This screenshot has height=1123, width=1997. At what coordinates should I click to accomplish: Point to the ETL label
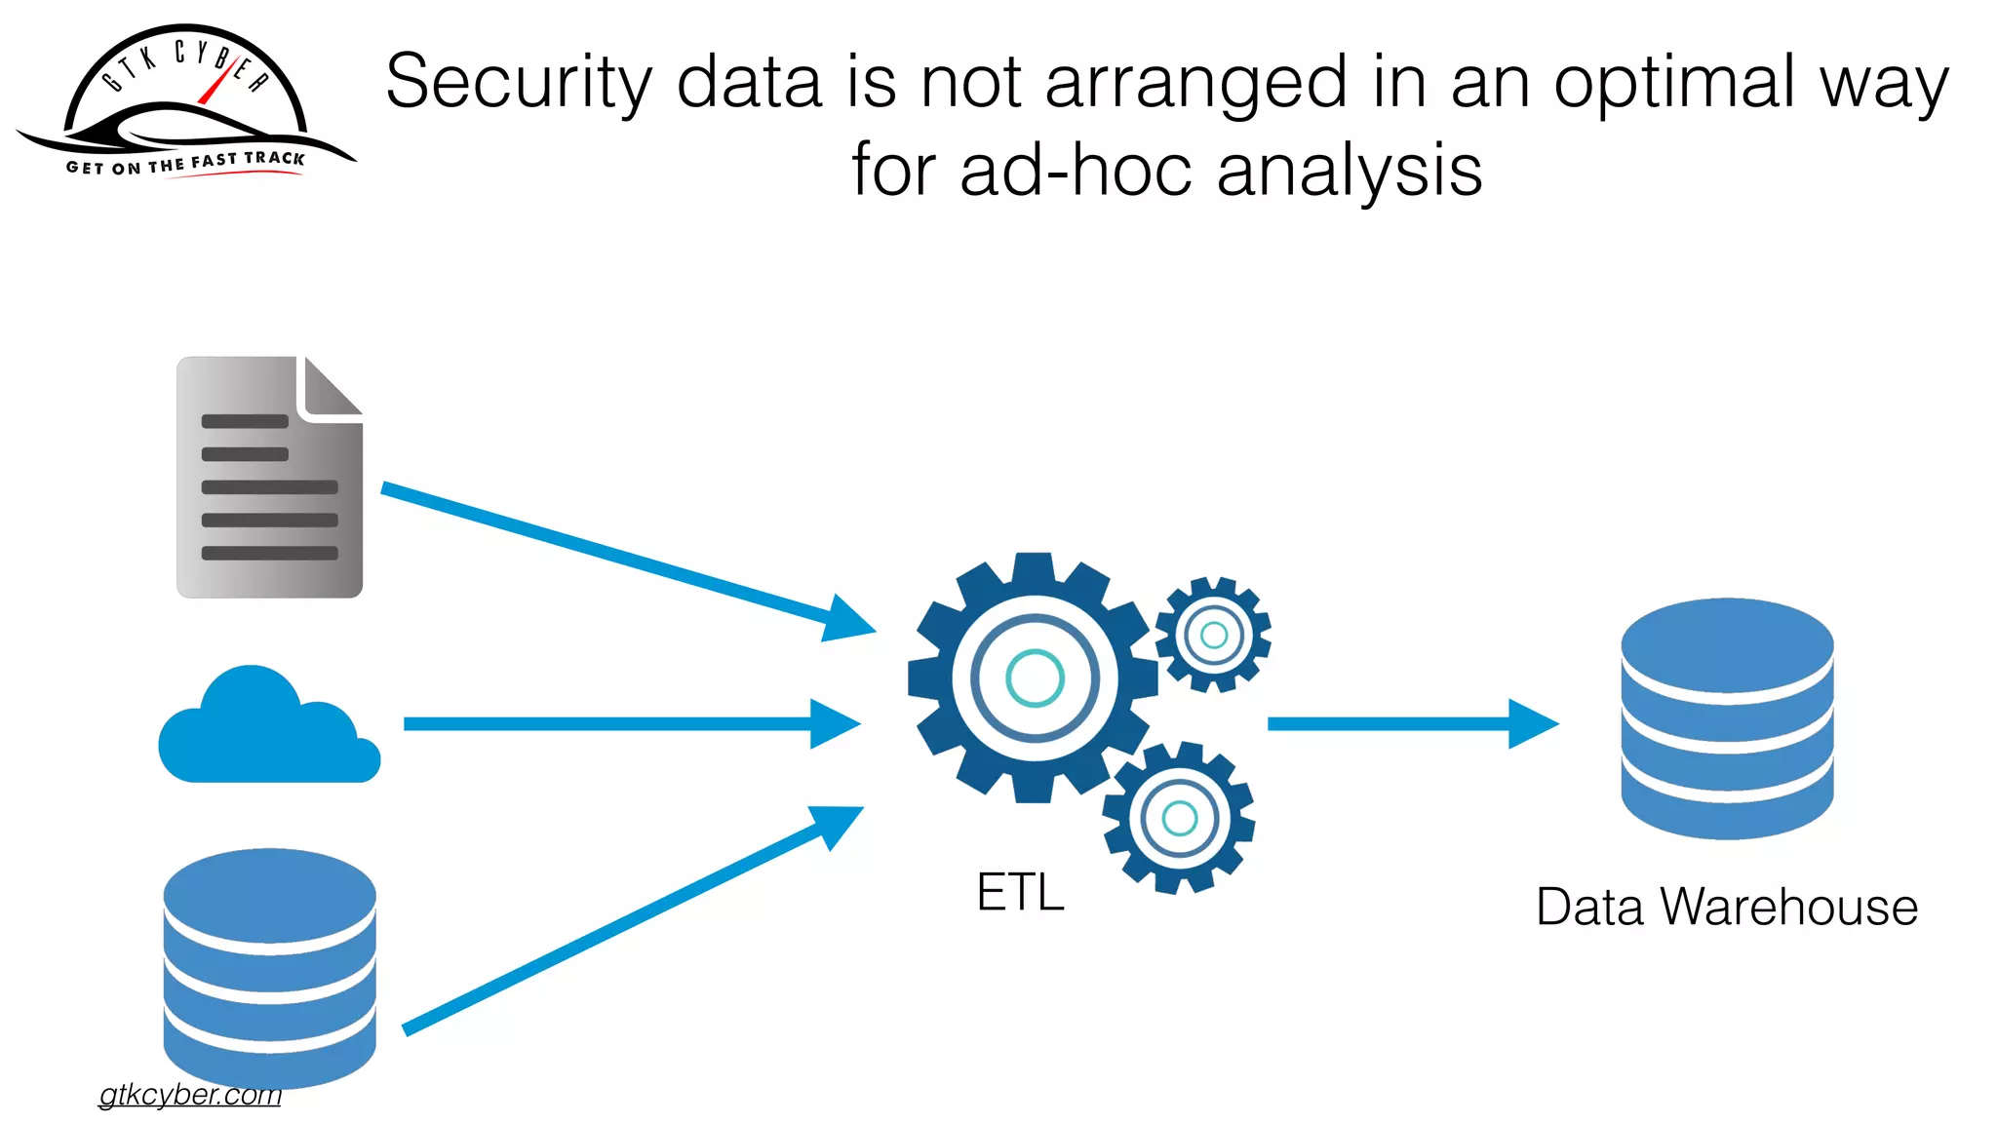point(1020,892)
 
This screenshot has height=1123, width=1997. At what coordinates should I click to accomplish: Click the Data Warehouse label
point(1727,907)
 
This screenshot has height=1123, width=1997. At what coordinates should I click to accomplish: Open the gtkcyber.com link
point(190,1095)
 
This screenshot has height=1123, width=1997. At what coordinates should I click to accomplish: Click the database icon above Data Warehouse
point(1727,718)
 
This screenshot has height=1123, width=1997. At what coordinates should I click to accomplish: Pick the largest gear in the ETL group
point(1034,678)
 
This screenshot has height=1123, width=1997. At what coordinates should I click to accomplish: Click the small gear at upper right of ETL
point(1214,635)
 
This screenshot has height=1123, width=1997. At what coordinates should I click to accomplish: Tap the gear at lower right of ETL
point(1179,818)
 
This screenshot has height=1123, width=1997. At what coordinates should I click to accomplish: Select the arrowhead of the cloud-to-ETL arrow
point(833,723)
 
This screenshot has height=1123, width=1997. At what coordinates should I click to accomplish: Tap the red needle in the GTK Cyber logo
point(216,82)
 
